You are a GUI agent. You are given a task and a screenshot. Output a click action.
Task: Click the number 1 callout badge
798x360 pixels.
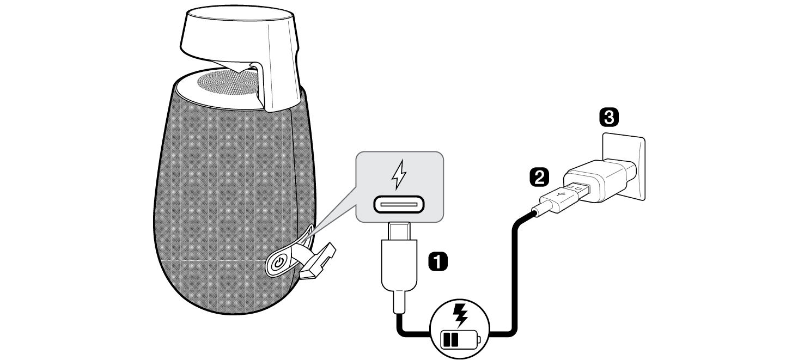438,261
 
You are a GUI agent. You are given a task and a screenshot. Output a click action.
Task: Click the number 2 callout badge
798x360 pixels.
539,176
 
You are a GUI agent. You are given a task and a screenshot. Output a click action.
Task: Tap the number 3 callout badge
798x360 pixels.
608,117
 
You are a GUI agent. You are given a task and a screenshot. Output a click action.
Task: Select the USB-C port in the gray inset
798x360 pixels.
399,205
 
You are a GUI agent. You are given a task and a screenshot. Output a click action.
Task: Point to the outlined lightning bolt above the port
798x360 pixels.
399,174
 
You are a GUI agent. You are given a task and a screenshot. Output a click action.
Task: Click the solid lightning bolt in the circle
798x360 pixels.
460,315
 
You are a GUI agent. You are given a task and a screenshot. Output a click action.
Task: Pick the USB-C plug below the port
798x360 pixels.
399,261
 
